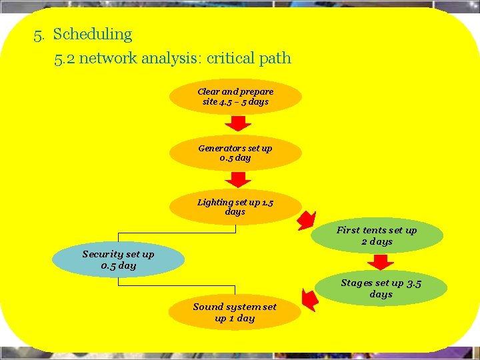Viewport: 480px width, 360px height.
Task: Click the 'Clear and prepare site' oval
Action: [x=235, y=97]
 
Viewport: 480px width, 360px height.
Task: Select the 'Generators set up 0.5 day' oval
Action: [x=235, y=153]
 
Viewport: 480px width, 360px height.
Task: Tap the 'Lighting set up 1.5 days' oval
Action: [x=235, y=207]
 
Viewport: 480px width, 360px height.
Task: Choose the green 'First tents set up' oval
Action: [x=377, y=235]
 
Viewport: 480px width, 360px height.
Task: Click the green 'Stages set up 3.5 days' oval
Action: [x=381, y=288]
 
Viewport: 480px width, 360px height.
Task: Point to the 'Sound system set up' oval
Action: [x=235, y=312]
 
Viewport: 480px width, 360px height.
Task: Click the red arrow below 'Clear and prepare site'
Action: [x=237, y=123]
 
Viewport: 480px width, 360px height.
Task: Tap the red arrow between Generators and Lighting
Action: [x=237, y=179]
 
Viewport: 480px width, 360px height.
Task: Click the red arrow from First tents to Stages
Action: [x=381, y=262]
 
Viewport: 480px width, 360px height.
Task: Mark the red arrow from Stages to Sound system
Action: [x=308, y=298]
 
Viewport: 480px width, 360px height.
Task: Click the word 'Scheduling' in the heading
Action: [x=93, y=34]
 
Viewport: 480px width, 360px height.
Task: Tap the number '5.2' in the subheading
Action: [x=66, y=58]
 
